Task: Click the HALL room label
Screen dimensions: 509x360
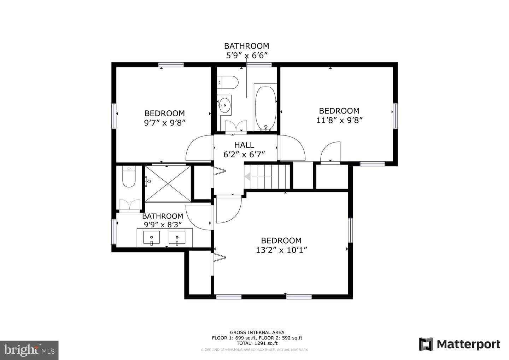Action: pos(244,145)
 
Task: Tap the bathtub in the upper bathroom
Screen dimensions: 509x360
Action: pos(266,108)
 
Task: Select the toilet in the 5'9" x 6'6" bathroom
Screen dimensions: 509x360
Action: pos(228,82)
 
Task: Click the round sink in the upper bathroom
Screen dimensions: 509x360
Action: pos(225,105)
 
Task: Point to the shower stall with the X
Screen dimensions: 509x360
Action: pos(168,184)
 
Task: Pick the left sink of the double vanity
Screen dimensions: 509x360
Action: pos(151,237)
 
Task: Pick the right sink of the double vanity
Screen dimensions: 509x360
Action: pos(177,237)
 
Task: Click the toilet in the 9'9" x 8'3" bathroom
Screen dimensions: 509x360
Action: pos(129,176)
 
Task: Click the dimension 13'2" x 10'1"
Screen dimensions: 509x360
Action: pos(281,250)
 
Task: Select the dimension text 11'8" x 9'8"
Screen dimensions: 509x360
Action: pos(339,120)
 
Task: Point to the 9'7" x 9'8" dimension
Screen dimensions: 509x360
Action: pos(165,123)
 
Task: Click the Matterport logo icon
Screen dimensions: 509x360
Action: pos(426,344)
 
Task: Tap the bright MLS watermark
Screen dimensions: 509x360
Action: pos(29,350)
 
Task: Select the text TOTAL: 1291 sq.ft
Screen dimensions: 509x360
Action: pos(257,343)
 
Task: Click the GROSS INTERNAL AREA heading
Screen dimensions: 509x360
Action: pos(257,332)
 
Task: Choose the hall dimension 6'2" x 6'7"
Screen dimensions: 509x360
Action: pos(244,155)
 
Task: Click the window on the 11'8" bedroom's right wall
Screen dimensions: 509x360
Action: pos(396,116)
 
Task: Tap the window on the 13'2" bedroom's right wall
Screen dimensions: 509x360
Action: pos(350,230)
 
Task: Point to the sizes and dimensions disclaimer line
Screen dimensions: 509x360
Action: pos(255,350)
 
